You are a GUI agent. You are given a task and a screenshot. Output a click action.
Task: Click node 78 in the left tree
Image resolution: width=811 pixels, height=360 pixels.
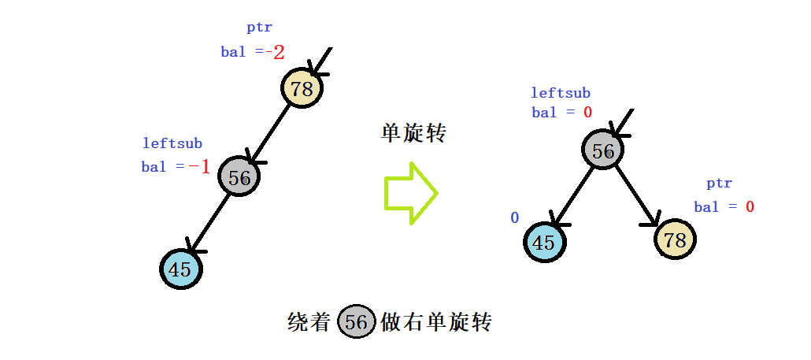[302, 88]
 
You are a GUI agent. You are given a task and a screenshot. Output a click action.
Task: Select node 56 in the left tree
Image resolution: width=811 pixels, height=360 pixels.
[239, 178]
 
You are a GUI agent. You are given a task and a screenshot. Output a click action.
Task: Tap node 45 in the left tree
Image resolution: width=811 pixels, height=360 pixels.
[181, 269]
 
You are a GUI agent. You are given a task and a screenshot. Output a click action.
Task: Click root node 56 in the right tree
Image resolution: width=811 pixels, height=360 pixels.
[603, 150]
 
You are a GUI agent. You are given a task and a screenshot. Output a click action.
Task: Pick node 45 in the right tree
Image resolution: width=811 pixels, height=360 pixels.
[543, 242]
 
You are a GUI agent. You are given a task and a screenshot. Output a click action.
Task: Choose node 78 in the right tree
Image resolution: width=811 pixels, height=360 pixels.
[675, 239]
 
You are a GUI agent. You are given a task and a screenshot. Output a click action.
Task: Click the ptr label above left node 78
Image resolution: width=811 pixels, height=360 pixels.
[259, 28]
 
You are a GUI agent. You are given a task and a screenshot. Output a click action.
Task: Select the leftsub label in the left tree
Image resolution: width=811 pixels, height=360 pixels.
[172, 143]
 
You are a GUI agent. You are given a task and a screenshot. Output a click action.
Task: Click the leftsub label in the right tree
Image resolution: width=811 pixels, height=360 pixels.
[561, 93]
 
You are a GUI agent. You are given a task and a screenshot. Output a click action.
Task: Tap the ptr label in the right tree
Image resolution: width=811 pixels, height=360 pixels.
[719, 184]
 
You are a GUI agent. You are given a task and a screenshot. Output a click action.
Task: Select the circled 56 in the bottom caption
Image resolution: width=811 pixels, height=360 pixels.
[356, 322]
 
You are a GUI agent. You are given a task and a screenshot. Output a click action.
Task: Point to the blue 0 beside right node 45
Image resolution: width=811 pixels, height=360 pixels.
[515, 217]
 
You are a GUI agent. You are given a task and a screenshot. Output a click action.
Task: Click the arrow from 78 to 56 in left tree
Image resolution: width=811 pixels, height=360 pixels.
[270, 133]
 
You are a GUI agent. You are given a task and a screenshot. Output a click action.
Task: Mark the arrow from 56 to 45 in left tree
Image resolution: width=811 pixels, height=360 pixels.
[209, 224]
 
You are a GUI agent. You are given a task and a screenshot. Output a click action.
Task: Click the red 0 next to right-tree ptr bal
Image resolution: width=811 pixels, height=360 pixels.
[750, 206]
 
